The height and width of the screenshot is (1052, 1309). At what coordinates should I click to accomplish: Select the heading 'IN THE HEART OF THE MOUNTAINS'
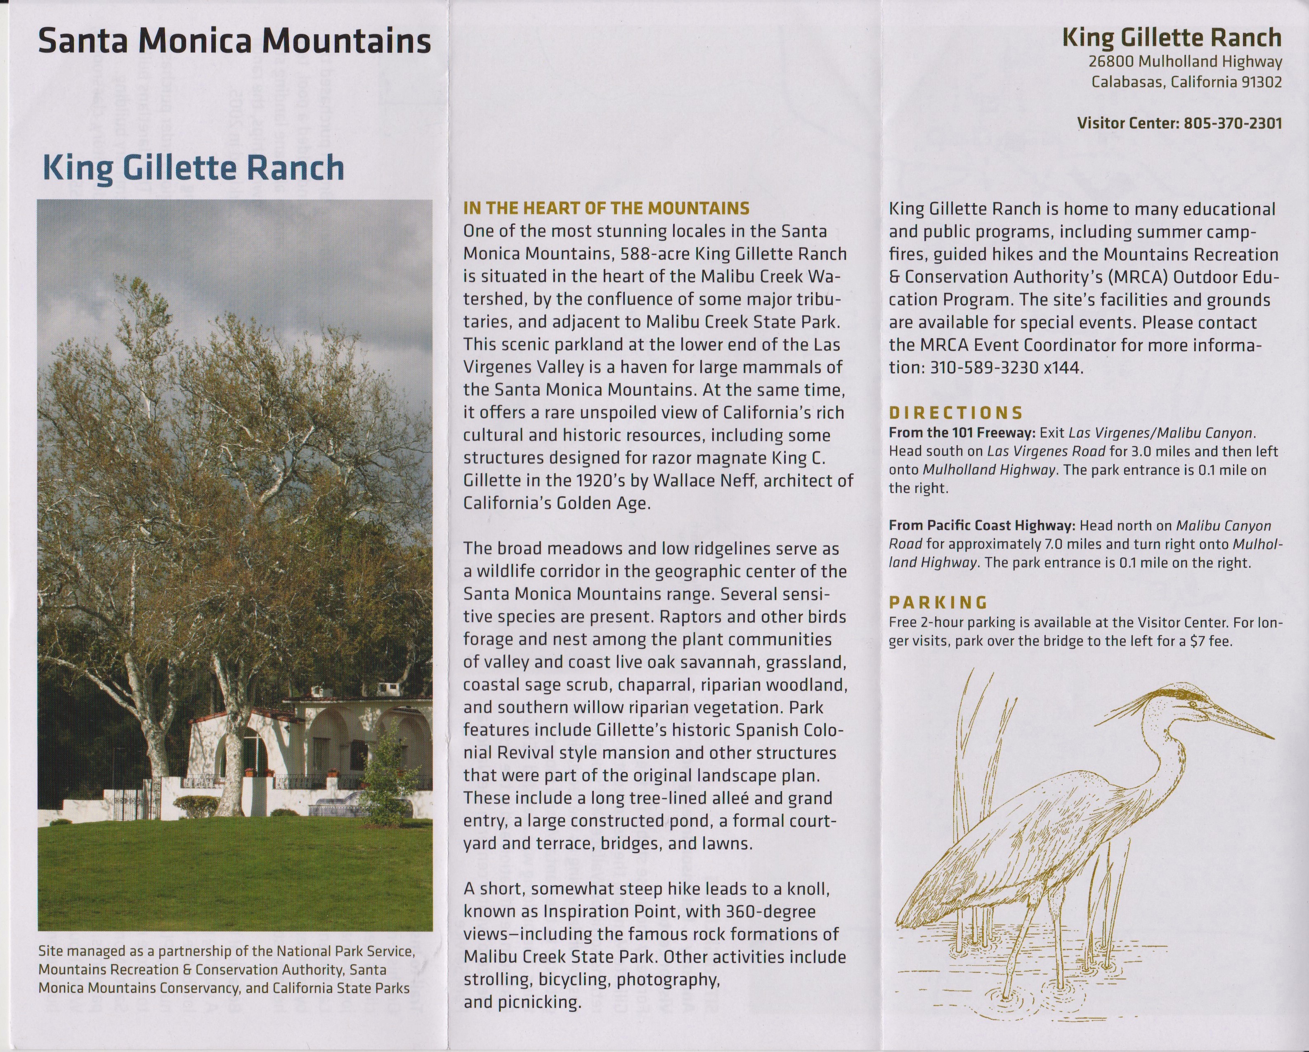(x=606, y=208)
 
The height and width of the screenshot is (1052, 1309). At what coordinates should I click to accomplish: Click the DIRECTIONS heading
(x=956, y=413)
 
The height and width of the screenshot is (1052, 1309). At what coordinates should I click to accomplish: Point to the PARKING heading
(x=938, y=603)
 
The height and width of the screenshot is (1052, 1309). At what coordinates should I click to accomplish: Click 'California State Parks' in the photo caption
(x=340, y=988)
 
